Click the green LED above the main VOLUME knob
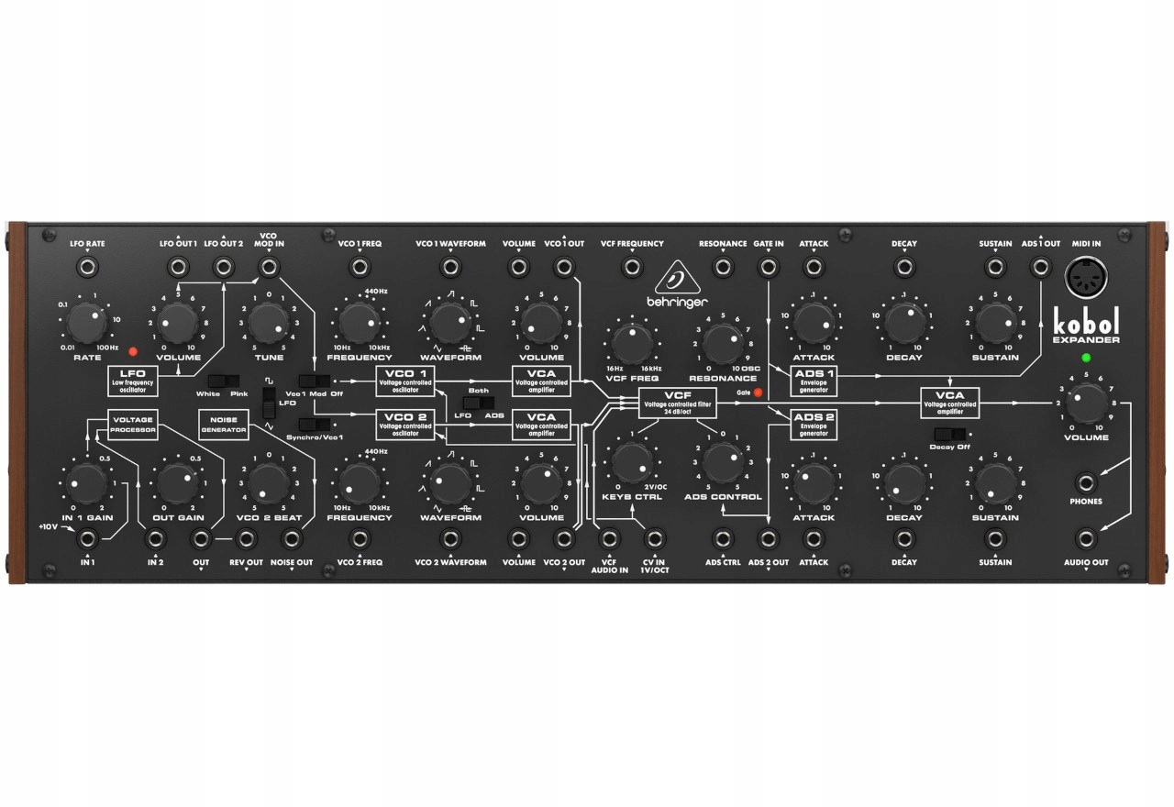(x=1086, y=358)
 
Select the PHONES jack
(x=1086, y=481)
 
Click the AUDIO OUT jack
(x=1086, y=539)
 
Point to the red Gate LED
(x=758, y=393)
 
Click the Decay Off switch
(x=946, y=434)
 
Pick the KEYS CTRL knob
(x=630, y=462)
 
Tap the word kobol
(x=1086, y=322)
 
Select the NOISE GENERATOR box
(x=224, y=424)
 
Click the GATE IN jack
(x=769, y=267)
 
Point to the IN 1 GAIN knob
(x=85, y=483)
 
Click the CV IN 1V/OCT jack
(x=654, y=539)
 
